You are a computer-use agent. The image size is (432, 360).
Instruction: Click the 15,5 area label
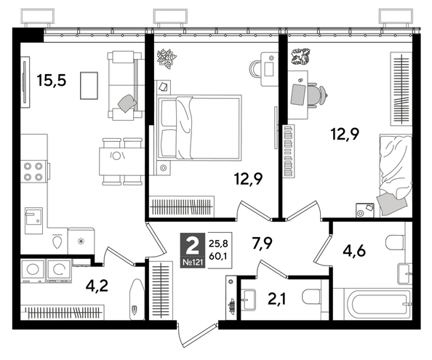pos(51,80)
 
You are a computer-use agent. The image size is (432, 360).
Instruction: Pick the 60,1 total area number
pos(217,256)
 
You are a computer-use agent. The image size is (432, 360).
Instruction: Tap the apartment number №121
pos(191,260)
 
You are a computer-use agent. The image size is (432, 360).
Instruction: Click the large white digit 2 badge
pos(191,243)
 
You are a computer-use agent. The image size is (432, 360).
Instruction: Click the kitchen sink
pos(33,217)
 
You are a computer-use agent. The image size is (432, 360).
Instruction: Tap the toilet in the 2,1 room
pos(311,298)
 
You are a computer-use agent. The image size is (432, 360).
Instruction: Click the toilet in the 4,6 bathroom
pos(393,243)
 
